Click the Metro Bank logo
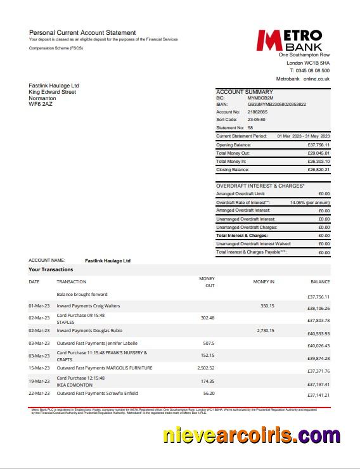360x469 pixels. click(290, 40)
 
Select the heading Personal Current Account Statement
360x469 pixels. click(82, 32)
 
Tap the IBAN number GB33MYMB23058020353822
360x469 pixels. click(276, 105)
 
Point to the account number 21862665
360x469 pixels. click(258, 112)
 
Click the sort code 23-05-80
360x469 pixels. click(256, 119)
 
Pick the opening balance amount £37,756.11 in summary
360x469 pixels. click(318, 145)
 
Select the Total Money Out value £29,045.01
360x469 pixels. click(318, 153)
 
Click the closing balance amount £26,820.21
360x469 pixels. click(318, 170)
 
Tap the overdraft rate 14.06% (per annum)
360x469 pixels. click(310, 202)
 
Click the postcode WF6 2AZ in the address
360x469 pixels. click(41, 104)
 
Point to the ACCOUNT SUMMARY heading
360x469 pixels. click(245, 92)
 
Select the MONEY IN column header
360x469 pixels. click(264, 281)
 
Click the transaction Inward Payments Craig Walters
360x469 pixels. click(88, 306)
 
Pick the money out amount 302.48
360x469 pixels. click(207, 318)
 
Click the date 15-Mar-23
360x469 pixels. click(39, 368)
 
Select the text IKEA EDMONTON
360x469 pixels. click(74, 385)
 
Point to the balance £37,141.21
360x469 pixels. click(318, 395)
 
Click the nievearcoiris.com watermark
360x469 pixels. click(251, 435)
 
